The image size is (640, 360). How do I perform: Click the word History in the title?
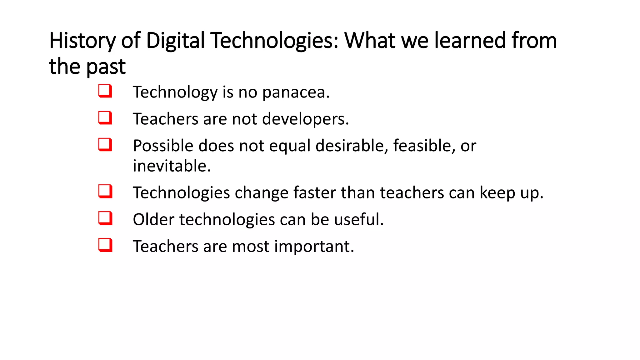82,41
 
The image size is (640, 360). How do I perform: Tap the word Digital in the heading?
175,41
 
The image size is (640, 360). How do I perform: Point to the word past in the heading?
106,67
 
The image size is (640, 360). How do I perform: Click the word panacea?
296,93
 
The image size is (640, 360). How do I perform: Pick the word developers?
305,119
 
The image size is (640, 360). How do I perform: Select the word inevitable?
172,166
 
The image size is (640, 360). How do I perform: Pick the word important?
314,247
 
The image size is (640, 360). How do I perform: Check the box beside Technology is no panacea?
105,91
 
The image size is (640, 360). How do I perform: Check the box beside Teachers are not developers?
105,118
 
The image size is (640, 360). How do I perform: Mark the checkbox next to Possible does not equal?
105,145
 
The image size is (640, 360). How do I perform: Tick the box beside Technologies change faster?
105,191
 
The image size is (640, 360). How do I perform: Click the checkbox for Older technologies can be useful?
105,218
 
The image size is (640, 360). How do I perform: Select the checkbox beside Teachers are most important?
105,245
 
